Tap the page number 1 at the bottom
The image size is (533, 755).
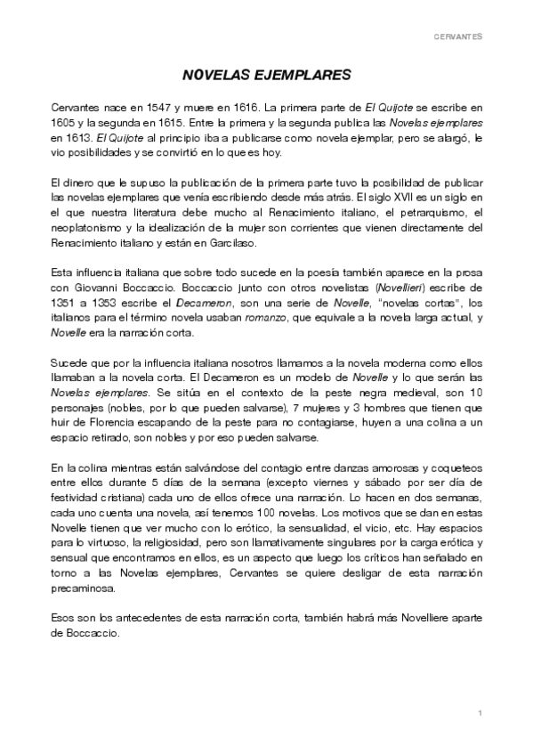click(480, 713)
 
